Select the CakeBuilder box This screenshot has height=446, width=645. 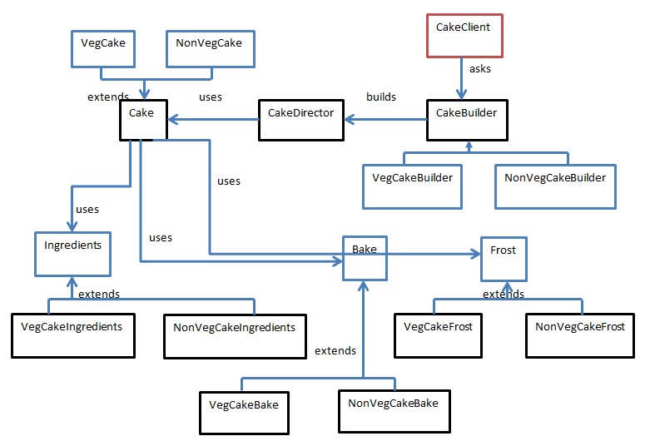[468, 121]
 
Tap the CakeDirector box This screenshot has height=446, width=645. [300, 121]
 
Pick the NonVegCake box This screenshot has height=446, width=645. [210, 49]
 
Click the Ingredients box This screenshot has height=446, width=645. [72, 254]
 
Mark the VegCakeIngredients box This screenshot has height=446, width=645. [72, 334]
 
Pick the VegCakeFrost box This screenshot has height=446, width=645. [438, 334]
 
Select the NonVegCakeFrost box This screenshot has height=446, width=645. [579, 334]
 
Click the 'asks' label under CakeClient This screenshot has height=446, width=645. [480, 69]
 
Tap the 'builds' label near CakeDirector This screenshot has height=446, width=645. [381, 97]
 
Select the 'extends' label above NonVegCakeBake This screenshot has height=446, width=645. [335, 350]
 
